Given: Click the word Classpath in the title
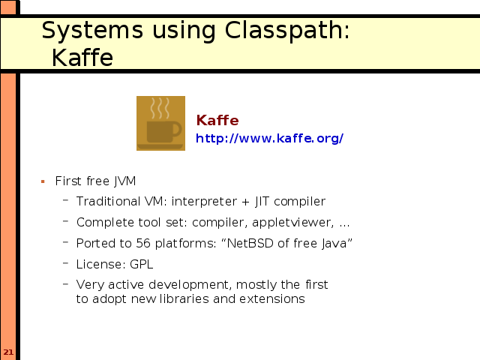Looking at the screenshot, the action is (x=287, y=31).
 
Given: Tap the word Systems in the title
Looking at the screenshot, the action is (x=92, y=31).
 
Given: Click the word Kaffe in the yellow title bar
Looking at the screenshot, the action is (x=82, y=58).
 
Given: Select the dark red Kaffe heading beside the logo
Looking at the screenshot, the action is (x=217, y=120).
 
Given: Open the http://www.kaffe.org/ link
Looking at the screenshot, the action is (x=269, y=138).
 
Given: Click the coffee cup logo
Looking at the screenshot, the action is (x=160, y=123).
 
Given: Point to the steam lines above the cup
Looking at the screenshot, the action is (x=160, y=108).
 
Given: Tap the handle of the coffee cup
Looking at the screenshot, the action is (x=177, y=129).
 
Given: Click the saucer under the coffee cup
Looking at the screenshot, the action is (x=160, y=147).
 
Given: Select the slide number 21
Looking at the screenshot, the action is (x=8, y=352).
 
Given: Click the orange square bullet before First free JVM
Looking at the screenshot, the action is (x=43, y=181).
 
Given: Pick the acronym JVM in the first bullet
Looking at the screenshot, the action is (x=125, y=181).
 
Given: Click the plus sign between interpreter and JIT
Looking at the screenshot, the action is (x=245, y=202).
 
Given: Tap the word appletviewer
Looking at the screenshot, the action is (x=293, y=223).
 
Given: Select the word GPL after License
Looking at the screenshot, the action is (x=142, y=264).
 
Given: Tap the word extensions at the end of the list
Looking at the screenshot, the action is (x=272, y=299).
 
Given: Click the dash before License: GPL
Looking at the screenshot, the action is (x=65, y=262).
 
